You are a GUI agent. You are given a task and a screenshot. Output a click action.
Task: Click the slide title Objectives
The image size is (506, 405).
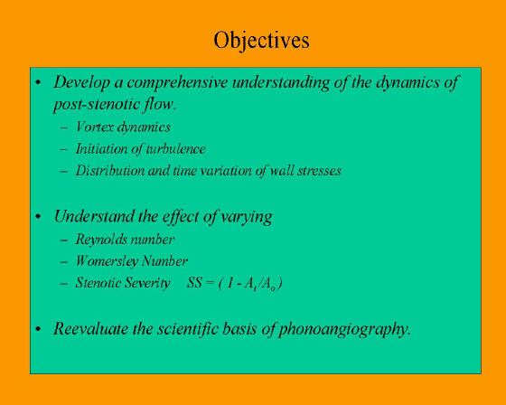coord(261,41)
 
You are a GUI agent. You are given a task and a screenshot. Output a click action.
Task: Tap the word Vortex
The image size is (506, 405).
coord(95,127)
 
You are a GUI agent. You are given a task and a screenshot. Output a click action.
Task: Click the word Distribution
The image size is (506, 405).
coord(110,171)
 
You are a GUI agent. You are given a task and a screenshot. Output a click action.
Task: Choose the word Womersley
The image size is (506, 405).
coord(107,261)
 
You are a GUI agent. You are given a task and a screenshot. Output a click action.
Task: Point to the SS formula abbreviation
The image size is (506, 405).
coord(194,283)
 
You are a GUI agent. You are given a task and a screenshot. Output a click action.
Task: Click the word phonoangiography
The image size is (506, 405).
coord(344,330)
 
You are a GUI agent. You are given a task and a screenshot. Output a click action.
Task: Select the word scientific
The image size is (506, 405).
coord(189,329)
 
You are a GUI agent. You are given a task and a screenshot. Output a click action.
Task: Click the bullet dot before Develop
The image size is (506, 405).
coord(38,82)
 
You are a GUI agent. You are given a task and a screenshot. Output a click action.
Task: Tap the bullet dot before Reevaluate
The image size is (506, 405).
coord(38,329)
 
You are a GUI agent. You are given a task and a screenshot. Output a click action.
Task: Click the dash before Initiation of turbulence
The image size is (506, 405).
coord(64,149)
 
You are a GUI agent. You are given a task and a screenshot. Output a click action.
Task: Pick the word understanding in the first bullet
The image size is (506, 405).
coord(281,83)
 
